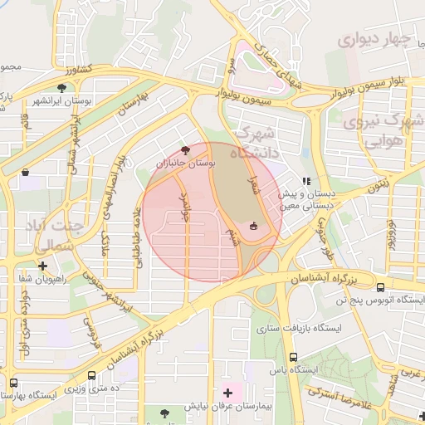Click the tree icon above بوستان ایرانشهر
(x=61, y=87)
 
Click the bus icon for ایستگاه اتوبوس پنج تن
(x=380, y=285)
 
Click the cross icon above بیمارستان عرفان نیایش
(x=227, y=391)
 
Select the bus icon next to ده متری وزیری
(x=90, y=375)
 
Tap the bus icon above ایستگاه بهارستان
(x=14, y=383)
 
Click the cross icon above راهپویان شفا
(x=42, y=266)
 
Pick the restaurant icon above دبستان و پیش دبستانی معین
(x=305, y=180)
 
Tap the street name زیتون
(x=375, y=189)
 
